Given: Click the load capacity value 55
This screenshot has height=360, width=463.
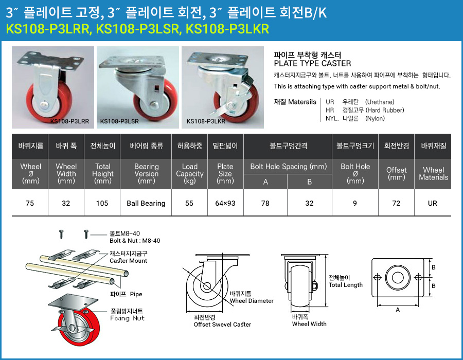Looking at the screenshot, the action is [189, 203].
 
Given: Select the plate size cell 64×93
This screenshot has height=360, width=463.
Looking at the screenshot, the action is [225, 203].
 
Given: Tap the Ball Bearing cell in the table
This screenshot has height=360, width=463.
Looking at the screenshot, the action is [146, 203].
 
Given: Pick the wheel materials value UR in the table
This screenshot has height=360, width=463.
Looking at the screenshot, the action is [432, 203].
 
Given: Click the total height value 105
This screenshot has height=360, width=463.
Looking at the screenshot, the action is [102, 203].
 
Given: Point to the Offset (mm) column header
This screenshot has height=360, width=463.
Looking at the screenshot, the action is [396, 174].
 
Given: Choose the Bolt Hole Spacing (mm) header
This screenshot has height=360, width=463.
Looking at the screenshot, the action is [289, 167].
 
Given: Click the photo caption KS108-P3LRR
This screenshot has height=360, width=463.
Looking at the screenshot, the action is [69, 121].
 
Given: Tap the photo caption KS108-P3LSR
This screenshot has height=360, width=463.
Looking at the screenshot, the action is [119, 121].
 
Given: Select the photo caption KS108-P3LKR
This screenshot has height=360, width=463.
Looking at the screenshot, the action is [206, 121].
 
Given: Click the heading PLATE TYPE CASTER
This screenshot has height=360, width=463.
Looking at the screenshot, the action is [312, 63].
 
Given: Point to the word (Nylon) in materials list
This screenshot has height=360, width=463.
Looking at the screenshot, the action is [375, 118].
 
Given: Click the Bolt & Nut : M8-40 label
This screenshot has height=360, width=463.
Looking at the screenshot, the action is [135, 241].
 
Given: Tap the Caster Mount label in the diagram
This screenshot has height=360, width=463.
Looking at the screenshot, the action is [128, 261].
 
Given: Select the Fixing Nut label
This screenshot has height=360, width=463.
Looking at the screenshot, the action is [127, 318].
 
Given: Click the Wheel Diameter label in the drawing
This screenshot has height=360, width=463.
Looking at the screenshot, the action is [252, 301].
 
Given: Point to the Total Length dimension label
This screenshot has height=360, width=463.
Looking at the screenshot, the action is [346, 285].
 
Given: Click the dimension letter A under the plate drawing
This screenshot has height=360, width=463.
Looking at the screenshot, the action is [398, 310].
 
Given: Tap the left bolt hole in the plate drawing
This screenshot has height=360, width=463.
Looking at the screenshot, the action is [378, 277].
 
